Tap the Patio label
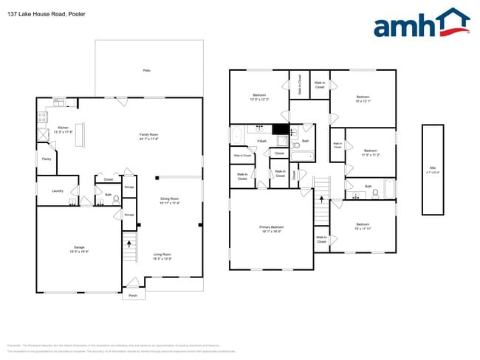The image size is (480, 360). [146, 70]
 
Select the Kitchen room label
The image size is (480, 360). [63, 130]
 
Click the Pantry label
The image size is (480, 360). [46, 159]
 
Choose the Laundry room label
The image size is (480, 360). [57, 190]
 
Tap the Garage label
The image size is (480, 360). [78, 249]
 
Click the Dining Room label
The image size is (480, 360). [170, 201]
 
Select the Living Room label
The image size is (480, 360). [162, 256]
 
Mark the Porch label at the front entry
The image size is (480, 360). [133, 295]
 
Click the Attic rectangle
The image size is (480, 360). [433, 170]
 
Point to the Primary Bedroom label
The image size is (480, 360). [272, 229]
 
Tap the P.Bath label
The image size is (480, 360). [261, 141]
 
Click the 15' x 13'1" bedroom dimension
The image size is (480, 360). [363, 100]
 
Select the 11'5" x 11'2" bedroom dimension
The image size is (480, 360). [371, 156]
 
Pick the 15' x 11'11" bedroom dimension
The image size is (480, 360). [363, 226]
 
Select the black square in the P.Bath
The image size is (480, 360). [281, 130]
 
